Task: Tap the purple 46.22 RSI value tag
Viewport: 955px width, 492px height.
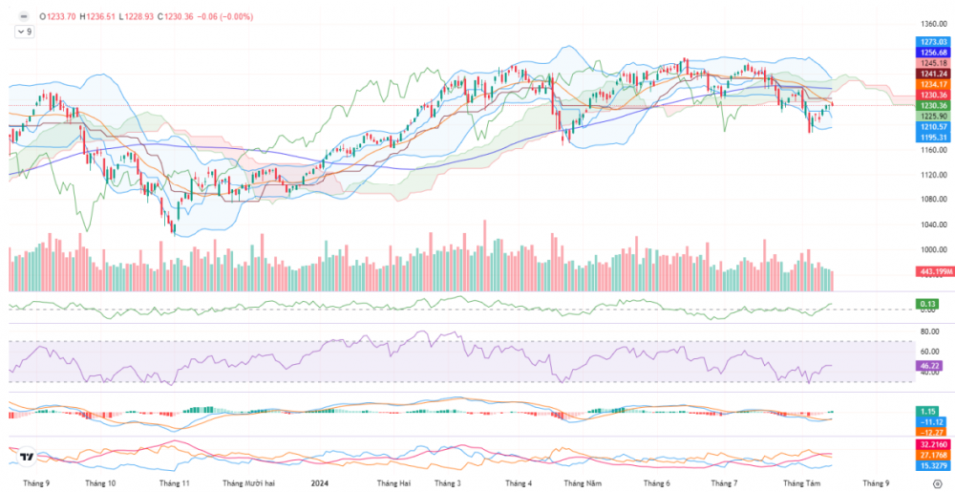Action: pyautogui.click(x=926, y=366)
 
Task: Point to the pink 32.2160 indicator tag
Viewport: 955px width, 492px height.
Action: pyautogui.click(x=930, y=444)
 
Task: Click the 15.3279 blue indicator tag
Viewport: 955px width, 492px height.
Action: pyautogui.click(x=930, y=465)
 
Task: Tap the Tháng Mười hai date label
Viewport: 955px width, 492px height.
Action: pyautogui.click(x=248, y=483)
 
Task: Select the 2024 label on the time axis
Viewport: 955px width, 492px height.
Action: pyautogui.click(x=320, y=483)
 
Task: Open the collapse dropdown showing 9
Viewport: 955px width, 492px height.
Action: pyautogui.click(x=24, y=32)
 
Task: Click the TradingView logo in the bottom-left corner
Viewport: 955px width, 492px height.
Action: pyautogui.click(x=28, y=458)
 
